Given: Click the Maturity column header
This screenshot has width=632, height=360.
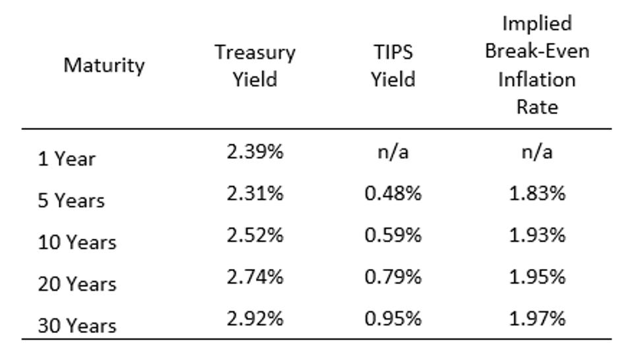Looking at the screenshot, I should tap(104, 66).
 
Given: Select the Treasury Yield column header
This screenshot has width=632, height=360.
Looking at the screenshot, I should tap(255, 66).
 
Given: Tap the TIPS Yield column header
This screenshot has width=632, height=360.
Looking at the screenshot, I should tap(393, 66).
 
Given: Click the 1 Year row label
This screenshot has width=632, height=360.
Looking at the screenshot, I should tap(67, 159).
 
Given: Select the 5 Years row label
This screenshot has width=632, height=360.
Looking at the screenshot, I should tap(71, 200).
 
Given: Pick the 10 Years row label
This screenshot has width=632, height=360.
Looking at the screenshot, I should tap(77, 242).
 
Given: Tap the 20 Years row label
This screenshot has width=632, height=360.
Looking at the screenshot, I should tap(77, 284).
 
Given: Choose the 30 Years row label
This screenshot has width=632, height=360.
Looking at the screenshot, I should tap(77, 326).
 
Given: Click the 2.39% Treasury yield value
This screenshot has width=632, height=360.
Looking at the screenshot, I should tap(255, 152).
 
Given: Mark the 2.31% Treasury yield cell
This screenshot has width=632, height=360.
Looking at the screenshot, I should tap(255, 193).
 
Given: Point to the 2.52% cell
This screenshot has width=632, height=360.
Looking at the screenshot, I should tap(255, 235).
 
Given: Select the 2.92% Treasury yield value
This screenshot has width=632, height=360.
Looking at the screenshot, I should tap(255, 318).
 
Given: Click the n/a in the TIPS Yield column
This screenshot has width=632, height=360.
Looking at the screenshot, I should tap(393, 152).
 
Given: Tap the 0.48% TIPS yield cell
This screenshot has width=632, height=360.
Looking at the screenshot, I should tap(393, 193).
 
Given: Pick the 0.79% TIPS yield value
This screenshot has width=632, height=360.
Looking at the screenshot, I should tap(393, 277).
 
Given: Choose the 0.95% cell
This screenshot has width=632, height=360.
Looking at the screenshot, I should tap(393, 318).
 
